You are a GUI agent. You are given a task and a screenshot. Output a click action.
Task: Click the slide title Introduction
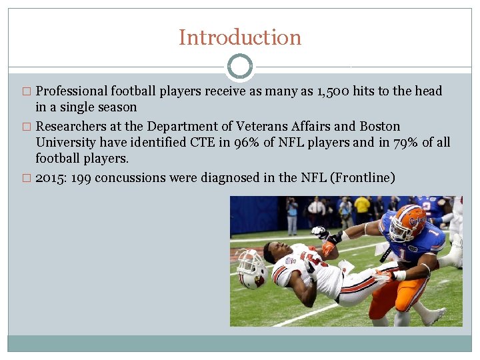pyautogui.click(x=240, y=37)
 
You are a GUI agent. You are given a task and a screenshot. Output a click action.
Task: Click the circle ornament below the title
pyautogui.click(x=240, y=67)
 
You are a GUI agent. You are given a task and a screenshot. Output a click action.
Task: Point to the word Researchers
pyautogui.click(x=71, y=127)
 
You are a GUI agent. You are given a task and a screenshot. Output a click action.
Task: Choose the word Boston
pyautogui.click(x=380, y=127)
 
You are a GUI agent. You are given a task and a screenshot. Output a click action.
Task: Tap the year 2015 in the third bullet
pyautogui.click(x=50, y=177)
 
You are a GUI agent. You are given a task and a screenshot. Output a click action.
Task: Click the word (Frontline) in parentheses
pyautogui.click(x=365, y=177)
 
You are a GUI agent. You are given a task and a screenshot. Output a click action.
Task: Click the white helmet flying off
pyautogui.click(x=252, y=269)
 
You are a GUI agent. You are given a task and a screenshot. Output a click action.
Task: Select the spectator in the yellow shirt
pyautogui.click(x=362, y=206)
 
